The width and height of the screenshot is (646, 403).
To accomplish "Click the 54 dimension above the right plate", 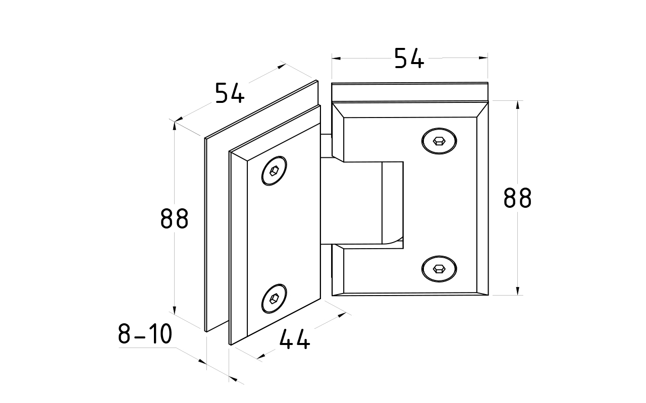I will pyautogui.click(x=409, y=59).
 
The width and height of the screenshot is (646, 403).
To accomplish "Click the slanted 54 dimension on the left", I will pyautogui.click(x=230, y=94).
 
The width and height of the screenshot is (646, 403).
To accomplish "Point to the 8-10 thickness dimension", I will pyautogui.click(x=145, y=334).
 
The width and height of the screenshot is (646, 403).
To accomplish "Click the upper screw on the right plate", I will pyautogui.click(x=439, y=141).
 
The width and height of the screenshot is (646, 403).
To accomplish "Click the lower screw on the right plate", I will pyautogui.click(x=439, y=269).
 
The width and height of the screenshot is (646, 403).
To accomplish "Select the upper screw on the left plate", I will pyautogui.click(x=275, y=170).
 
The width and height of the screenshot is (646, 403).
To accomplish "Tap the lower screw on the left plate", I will pyautogui.click(x=275, y=299).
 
